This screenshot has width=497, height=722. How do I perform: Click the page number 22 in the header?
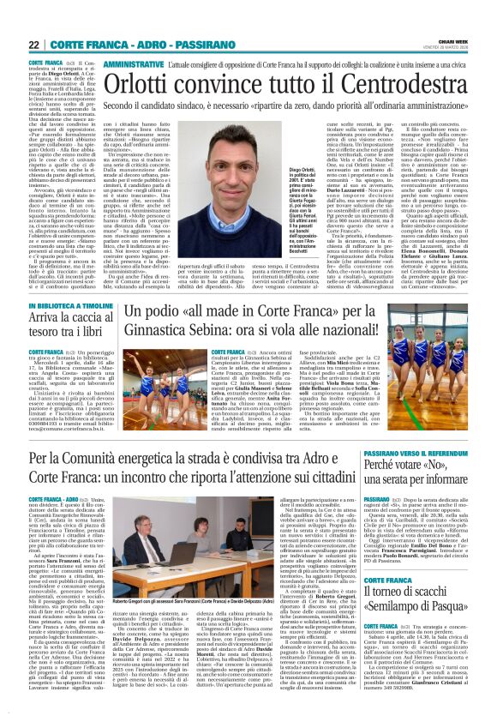coord(35,44)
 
